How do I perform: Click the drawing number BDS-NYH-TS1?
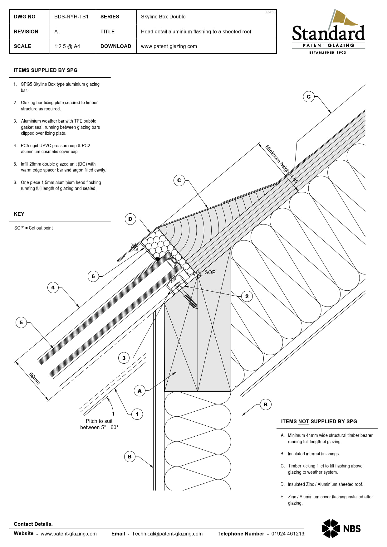tap(71, 17)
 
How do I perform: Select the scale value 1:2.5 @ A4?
tap(67, 46)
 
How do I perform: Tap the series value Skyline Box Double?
tap(163, 17)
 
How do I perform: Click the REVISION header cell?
tap(26, 31)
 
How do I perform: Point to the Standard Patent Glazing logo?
tap(328, 33)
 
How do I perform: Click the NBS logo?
tap(341, 528)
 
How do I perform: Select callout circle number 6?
tap(93, 276)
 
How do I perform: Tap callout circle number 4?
tap(53, 288)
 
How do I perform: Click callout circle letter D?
tap(130, 219)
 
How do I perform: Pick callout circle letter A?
tap(140, 390)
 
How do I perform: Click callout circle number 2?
tap(247, 296)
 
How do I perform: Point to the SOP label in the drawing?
tap(210, 272)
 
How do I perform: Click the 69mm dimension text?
tap(34, 378)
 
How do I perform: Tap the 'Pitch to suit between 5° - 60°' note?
tap(99, 424)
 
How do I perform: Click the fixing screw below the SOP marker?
tap(190, 301)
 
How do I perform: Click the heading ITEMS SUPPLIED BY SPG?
tap(46, 70)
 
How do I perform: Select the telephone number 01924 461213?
tap(287, 534)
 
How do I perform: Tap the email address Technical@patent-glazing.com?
tap(167, 534)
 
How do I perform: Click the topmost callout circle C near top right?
tap(308, 97)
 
